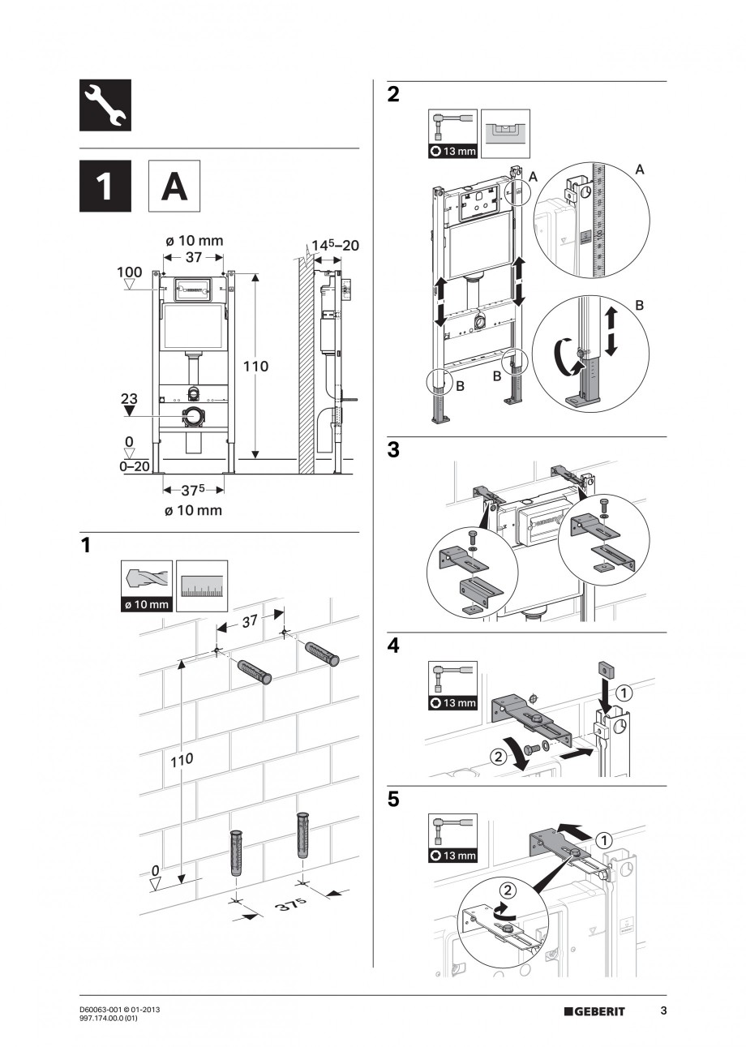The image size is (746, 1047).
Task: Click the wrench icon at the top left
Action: (x=105, y=105)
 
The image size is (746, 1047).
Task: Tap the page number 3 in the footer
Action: (x=663, y=1011)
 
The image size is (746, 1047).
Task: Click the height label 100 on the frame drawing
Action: (x=129, y=271)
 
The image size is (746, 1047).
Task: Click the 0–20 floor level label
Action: (x=134, y=466)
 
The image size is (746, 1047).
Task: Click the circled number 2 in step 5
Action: (x=506, y=889)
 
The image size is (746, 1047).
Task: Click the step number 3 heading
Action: (x=393, y=451)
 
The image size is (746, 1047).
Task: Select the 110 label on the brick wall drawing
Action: (x=182, y=762)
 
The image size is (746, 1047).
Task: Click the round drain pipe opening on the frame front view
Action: (x=194, y=418)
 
